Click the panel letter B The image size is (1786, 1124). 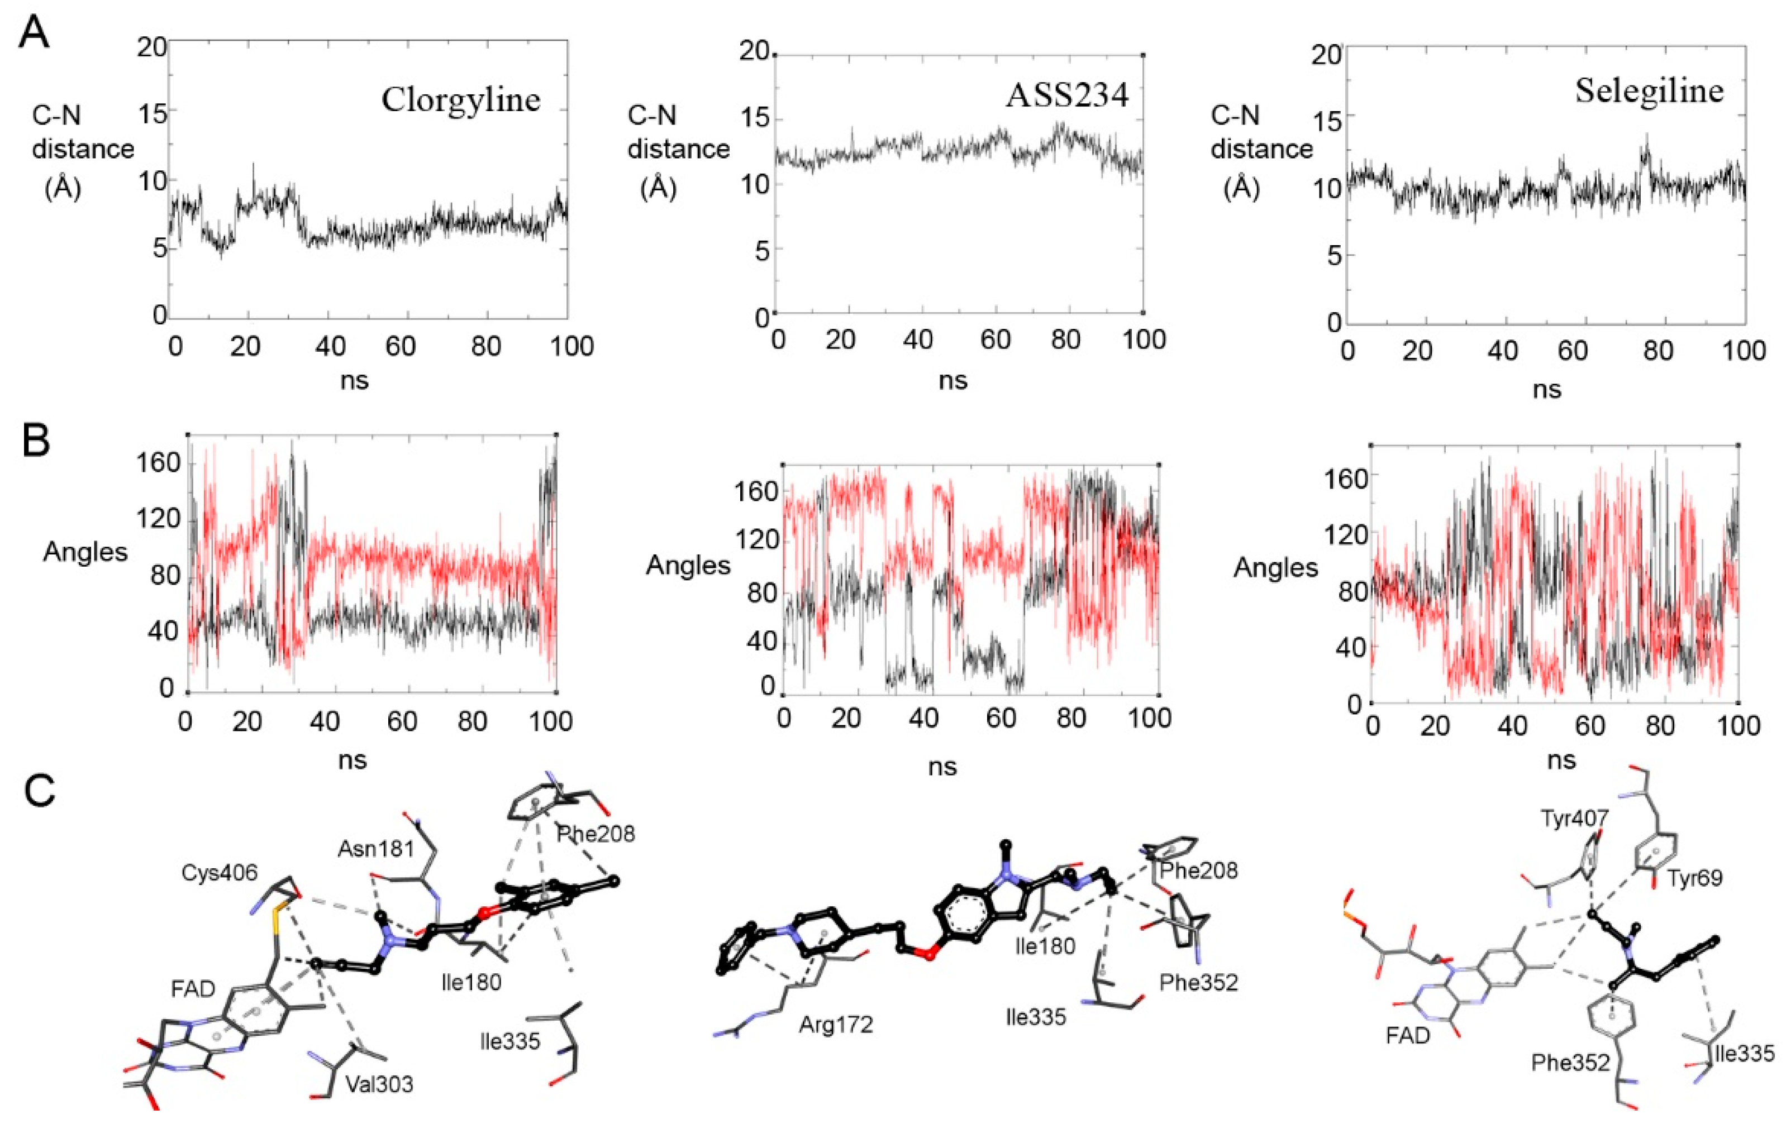36,441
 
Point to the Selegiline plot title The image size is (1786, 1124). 1649,90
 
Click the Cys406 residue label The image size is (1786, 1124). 220,873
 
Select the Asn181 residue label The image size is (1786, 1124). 375,848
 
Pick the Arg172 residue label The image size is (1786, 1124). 836,1025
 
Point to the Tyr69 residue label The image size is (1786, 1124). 1695,878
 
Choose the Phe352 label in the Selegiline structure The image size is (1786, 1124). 1571,1063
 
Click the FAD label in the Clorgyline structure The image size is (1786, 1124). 193,988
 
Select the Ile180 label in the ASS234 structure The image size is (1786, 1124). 1045,945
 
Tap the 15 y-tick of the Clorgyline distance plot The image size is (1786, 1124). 152,111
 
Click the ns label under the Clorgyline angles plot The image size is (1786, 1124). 353,760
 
